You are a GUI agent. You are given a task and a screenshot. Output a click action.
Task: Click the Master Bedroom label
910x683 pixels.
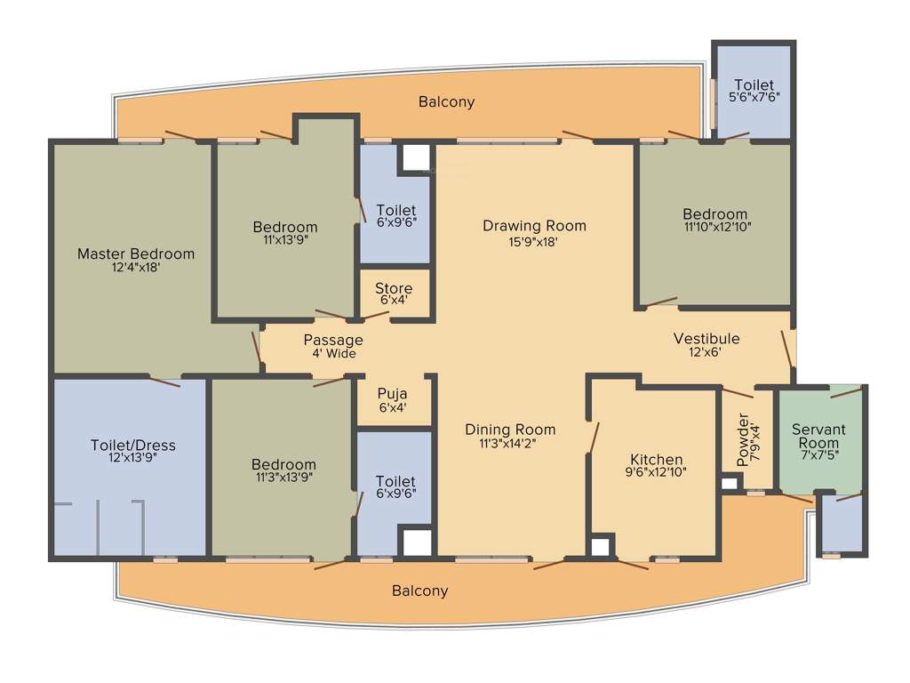(135, 253)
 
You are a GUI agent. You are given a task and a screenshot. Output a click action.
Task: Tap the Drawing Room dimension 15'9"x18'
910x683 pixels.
(534, 241)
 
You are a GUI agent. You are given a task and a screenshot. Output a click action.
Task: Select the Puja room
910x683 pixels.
(393, 401)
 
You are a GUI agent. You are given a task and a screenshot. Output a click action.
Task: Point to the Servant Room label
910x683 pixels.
(818, 436)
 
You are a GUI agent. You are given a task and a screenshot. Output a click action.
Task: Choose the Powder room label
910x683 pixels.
(744, 439)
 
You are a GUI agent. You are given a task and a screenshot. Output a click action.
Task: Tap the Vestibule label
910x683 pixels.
(706, 339)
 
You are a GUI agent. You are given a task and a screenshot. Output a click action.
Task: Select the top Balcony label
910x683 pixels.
(446, 102)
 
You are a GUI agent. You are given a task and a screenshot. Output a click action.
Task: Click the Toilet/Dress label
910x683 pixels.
(132, 446)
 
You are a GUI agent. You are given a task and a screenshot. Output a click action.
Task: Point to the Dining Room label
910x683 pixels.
(510, 430)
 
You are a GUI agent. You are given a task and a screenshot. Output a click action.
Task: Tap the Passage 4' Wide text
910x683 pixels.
(333, 346)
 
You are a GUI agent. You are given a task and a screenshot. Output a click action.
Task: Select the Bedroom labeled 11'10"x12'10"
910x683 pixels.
(714, 220)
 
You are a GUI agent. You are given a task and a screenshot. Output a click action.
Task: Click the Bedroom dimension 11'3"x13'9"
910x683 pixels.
(283, 477)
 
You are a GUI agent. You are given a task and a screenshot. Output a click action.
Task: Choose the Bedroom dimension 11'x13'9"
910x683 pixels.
(284, 239)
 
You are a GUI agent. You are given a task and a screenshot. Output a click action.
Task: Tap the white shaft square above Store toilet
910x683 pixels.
(413, 158)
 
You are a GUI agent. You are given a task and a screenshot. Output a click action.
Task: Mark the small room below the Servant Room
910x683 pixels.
(842, 525)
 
